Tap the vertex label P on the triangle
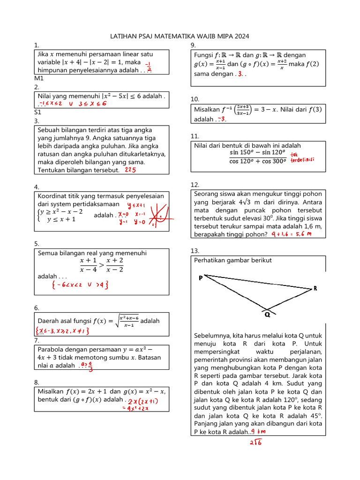201,277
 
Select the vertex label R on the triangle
315,288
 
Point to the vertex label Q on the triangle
267,315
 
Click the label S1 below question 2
38,112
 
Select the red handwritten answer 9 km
258,432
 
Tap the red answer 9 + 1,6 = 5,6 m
291,234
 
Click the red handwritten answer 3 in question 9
240,74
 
